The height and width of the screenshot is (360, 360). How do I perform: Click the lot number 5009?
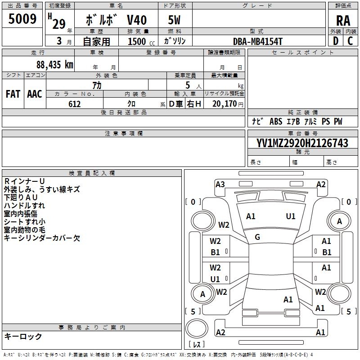(22, 19)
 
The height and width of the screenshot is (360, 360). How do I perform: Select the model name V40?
(136, 20)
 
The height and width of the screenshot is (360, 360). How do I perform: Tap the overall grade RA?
(343, 21)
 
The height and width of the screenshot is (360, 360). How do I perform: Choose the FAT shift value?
(13, 94)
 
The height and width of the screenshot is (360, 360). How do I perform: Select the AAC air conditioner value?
(35, 94)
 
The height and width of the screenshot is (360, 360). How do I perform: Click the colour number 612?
(74, 104)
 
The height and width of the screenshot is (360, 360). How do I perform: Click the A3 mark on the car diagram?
(220, 184)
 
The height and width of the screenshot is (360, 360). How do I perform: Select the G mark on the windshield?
(257, 237)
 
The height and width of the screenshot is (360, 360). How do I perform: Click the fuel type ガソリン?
(174, 41)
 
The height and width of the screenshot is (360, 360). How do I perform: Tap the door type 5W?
(175, 20)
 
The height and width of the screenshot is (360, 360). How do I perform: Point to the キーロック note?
(23, 337)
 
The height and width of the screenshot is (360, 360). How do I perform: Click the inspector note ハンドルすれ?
(24, 206)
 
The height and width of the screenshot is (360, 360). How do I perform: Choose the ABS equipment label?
(275, 121)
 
